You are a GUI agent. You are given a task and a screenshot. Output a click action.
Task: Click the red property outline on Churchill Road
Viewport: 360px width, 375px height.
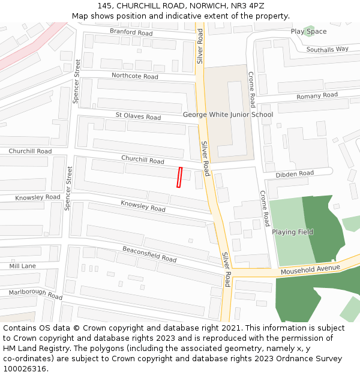pyautogui.click(x=179, y=178)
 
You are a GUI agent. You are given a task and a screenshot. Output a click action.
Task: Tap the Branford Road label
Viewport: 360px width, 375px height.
pyautogui.click(x=131, y=32)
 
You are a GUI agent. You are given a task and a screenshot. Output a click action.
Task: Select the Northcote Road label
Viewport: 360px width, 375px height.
pyautogui.click(x=135, y=76)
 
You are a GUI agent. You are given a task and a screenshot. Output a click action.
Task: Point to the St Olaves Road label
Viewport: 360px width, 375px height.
pyautogui.click(x=138, y=116)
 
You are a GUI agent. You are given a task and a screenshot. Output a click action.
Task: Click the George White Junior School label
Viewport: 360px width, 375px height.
pyautogui.click(x=228, y=115)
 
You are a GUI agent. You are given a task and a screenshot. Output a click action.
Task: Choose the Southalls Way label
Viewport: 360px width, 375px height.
pyautogui.click(x=327, y=49)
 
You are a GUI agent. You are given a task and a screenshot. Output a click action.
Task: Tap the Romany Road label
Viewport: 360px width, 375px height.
pyautogui.click(x=317, y=96)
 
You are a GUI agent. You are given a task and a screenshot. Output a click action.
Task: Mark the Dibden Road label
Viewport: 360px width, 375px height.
pyautogui.click(x=295, y=174)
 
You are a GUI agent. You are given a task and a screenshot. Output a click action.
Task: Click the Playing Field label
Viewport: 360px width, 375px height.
pyautogui.click(x=292, y=232)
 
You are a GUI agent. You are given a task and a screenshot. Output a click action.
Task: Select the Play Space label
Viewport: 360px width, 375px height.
pyautogui.click(x=308, y=31)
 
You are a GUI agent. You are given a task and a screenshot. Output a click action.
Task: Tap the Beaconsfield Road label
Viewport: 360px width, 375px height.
pyautogui.click(x=149, y=254)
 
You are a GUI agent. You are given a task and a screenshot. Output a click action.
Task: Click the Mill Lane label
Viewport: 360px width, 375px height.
pyautogui.click(x=22, y=266)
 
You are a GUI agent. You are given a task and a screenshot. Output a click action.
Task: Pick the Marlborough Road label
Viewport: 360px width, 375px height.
pyautogui.click(x=35, y=295)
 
